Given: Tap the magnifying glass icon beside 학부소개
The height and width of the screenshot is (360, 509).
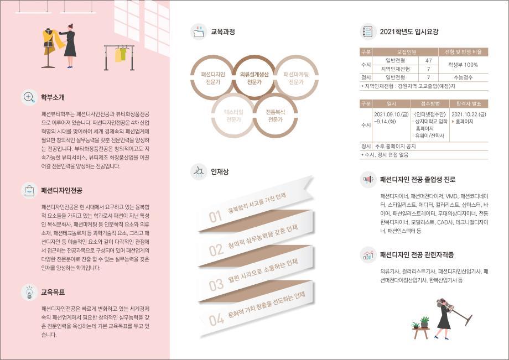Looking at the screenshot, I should pyautogui.click(x=28, y=98).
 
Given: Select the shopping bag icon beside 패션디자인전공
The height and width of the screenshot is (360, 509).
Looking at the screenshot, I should pyautogui.click(x=28, y=190).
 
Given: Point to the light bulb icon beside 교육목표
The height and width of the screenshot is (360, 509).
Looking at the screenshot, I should pyautogui.click(x=28, y=291).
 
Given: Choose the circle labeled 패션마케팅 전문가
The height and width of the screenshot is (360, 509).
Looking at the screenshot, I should pyautogui.click(x=296, y=78).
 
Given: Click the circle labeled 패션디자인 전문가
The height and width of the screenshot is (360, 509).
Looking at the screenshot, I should pyautogui.click(x=213, y=78).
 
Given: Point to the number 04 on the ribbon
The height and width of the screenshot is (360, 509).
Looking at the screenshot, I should pyautogui.click(x=216, y=320).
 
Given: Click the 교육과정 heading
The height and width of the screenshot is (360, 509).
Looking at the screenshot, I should pyautogui.click(x=223, y=32).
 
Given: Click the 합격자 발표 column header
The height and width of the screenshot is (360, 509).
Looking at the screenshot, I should pyautogui.click(x=469, y=103).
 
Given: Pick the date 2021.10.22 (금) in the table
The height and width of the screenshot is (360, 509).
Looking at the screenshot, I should pyautogui.click(x=469, y=113).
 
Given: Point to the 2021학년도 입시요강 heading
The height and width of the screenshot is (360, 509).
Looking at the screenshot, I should pyautogui.click(x=409, y=32).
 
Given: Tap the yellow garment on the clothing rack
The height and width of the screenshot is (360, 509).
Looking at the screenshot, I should pyautogui.click(x=118, y=55).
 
